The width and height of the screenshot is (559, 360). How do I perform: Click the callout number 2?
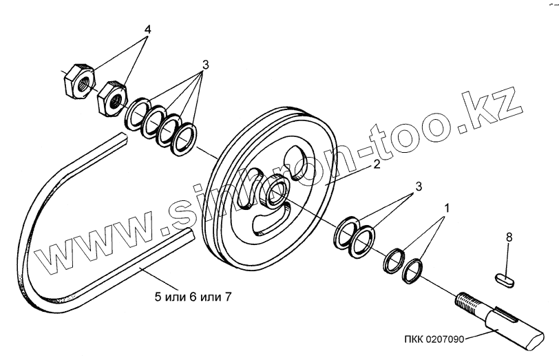(377, 164)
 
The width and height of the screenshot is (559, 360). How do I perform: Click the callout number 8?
(509, 237)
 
